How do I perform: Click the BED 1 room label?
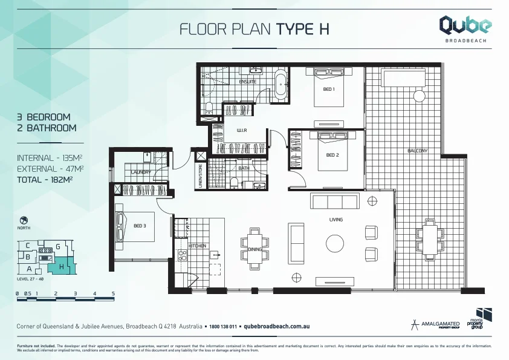tap(329, 89)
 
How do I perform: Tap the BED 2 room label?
tap(332, 155)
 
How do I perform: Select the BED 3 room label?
tap(140, 226)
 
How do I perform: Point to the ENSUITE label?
tap(248, 81)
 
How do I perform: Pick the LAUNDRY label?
tap(141, 172)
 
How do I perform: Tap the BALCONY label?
tap(418, 151)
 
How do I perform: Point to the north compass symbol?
tap(24, 220)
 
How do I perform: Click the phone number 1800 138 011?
tap(222, 326)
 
